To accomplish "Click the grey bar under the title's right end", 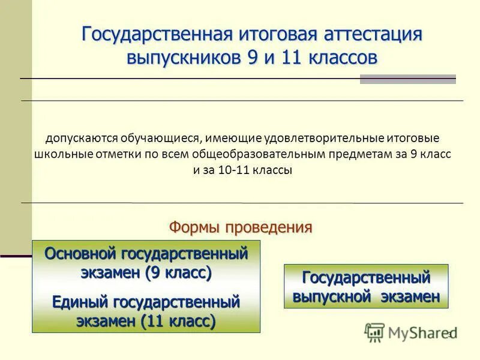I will pyautogui.click(x=407, y=79).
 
